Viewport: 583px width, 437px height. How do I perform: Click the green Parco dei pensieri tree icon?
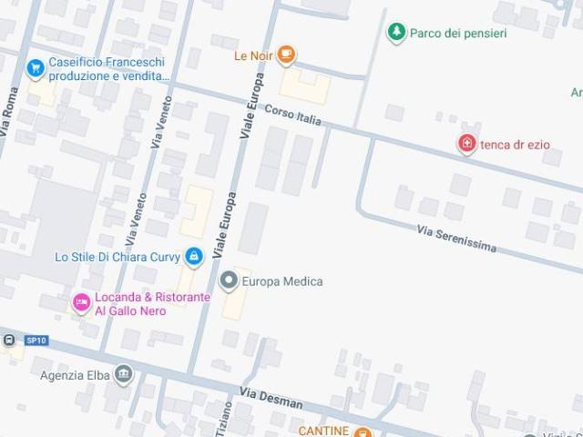[395, 33]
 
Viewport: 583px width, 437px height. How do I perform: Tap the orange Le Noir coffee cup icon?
[286, 56]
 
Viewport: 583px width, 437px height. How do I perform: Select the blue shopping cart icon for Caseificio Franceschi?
[36, 67]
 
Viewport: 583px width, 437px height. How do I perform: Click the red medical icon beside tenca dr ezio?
[466, 143]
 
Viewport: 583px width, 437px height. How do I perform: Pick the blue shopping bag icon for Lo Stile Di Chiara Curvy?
[193, 258]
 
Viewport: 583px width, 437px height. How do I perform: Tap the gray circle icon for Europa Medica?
[229, 281]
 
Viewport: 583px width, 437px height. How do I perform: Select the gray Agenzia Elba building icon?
[124, 374]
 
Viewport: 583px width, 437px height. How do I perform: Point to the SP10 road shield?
[36, 340]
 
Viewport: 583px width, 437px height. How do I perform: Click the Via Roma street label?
[11, 112]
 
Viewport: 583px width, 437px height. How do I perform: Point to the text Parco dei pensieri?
[458, 34]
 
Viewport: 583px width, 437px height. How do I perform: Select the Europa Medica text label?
[283, 281]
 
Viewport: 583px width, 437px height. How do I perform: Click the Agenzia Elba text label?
[74, 374]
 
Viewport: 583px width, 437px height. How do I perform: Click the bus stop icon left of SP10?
[9, 340]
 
